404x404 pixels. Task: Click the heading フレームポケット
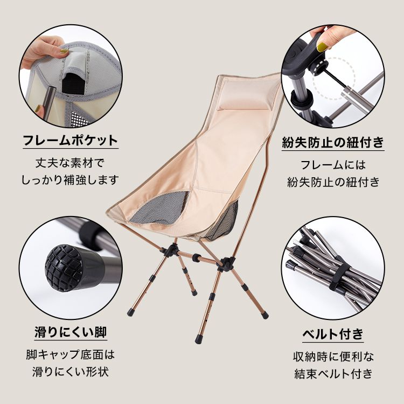71,141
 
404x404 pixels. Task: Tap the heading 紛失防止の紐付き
333,142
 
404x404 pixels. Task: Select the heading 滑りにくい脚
71,332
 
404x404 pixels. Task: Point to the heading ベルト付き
333,334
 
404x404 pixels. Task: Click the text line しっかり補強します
70,180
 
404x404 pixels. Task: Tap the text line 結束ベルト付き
333,374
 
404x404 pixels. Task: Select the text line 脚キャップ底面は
71,354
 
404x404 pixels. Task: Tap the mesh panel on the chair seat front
158,207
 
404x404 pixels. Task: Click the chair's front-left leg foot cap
131,312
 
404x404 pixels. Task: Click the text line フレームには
333,165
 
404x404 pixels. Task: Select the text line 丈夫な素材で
70,163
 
